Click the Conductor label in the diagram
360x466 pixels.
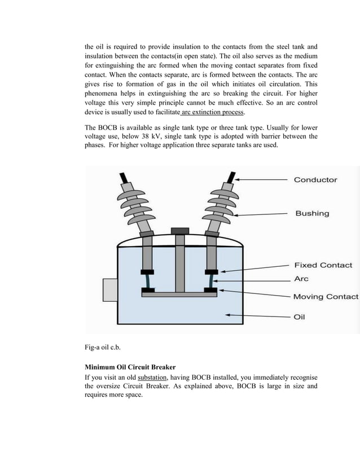coord(315,180)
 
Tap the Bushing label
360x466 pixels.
coord(312,213)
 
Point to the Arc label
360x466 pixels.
coord(301,279)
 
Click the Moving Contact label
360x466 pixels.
coord(326,296)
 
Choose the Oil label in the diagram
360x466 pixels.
coord(300,317)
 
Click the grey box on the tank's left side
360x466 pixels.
coord(109,289)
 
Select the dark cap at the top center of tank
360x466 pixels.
coord(179,231)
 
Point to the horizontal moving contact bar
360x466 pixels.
coord(179,294)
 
